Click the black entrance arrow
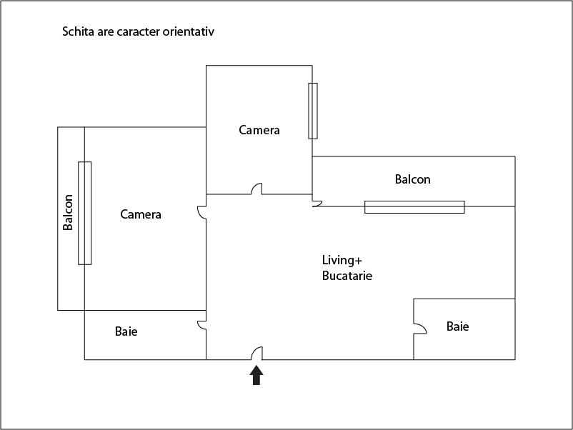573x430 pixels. (x=256, y=376)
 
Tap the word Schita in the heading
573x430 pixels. (x=78, y=32)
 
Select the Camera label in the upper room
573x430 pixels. (x=259, y=130)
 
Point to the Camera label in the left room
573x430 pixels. (x=141, y=214)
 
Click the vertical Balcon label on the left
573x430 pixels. (x=69, y=212)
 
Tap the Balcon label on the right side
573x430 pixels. (x=413, y=179)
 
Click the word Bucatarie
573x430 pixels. (x=347, y=276)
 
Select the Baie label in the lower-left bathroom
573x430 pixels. (x=126, y=331)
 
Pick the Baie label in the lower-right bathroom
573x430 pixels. (x=458, y=326)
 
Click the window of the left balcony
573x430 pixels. (x=85, y=213)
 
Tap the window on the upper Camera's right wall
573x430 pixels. (x=313, y=111)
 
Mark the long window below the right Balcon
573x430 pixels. (x=414, y=207)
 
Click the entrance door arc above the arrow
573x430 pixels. (x=256, y=353)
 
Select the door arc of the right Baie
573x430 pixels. (x=420, y=327)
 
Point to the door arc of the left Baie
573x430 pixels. (x=202, y=325)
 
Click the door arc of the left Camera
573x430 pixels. (x=202, y=213)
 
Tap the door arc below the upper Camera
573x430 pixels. (x=256, y=189)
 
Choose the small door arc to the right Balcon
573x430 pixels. (x=317, y=204)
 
